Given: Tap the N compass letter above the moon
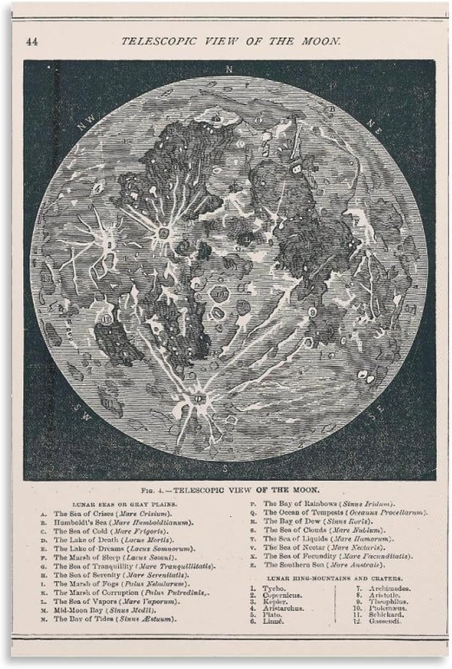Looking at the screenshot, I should coord(229,69).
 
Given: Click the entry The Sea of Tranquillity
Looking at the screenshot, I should coord(133,566).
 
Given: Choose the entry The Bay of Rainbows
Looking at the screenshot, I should coord(329,504).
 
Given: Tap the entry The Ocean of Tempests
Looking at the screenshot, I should coord(345,512).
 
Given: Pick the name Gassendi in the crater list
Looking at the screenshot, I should coord(385,621).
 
